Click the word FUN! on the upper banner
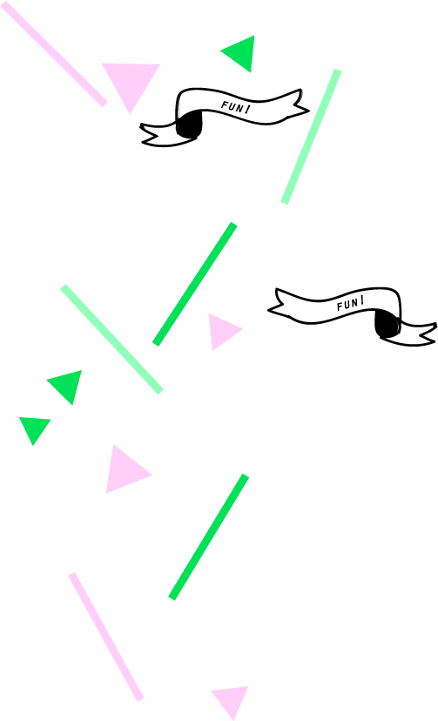pos(235,108)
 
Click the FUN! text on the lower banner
pos(351,304)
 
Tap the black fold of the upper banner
pos(188,125)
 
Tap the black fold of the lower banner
pos(387,323)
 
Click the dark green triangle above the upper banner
pos(242,53)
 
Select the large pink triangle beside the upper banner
pos(131,83)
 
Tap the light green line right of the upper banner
pos(311,136)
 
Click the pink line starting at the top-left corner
pos(54,54)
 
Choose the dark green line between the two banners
pos(195,284)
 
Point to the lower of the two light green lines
pos(111,339)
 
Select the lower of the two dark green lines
pos(209,536)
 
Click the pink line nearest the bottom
pos(106,637)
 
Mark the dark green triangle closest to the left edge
pos(34,428)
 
